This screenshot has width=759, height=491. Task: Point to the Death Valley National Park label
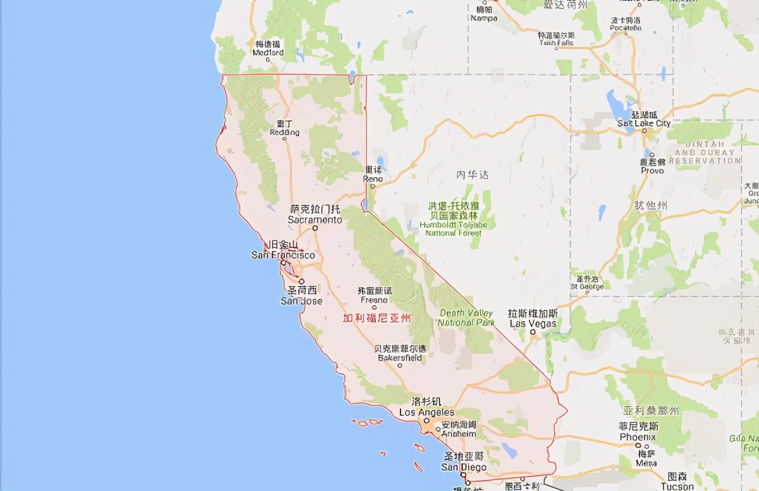tap(467, 318)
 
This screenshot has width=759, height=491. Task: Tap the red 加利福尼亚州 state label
tap(376, 318)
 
